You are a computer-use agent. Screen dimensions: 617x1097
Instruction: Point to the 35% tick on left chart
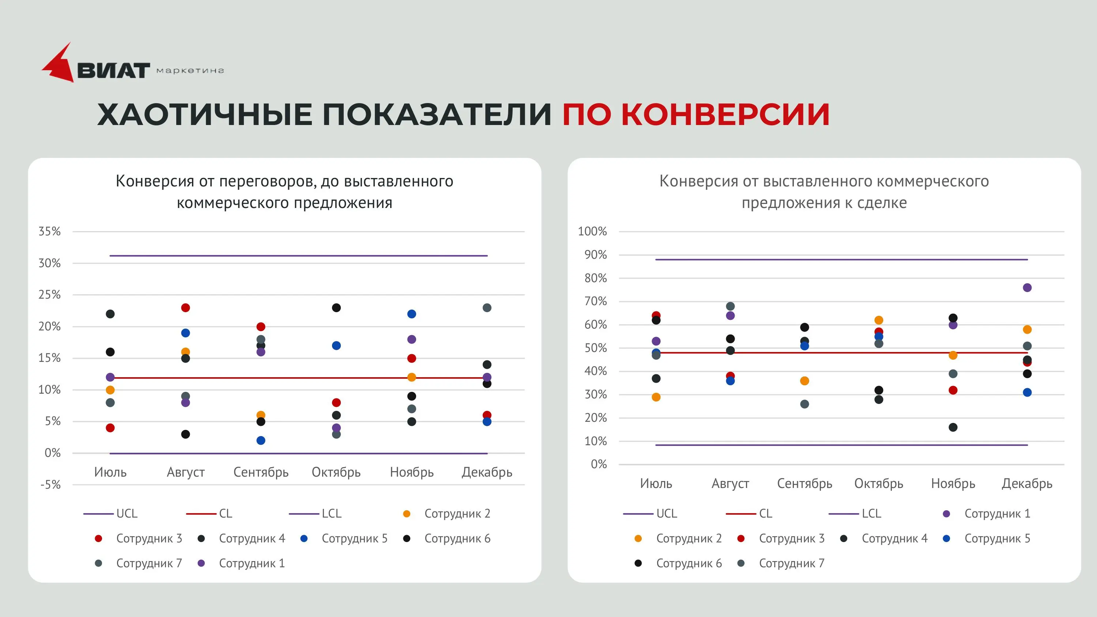[49, 232]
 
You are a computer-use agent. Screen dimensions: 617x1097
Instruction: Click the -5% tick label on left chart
[50, 485]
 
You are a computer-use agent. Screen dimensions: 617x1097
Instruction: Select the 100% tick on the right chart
[592, 232]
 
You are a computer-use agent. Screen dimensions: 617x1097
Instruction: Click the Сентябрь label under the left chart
[261, 472]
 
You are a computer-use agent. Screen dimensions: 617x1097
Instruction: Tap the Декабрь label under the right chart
[1027, 484]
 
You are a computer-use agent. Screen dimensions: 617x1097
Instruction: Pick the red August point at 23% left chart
[185, 308]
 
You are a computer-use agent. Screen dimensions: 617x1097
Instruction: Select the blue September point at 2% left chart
[261, 440]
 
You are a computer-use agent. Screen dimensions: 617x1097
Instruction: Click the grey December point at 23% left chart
[487, 308]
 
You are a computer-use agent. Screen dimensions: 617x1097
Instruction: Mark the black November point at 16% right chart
[953, 427]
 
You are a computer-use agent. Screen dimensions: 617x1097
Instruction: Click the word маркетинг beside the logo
[190, 71]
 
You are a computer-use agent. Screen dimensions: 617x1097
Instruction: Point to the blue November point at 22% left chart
[411, 314]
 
